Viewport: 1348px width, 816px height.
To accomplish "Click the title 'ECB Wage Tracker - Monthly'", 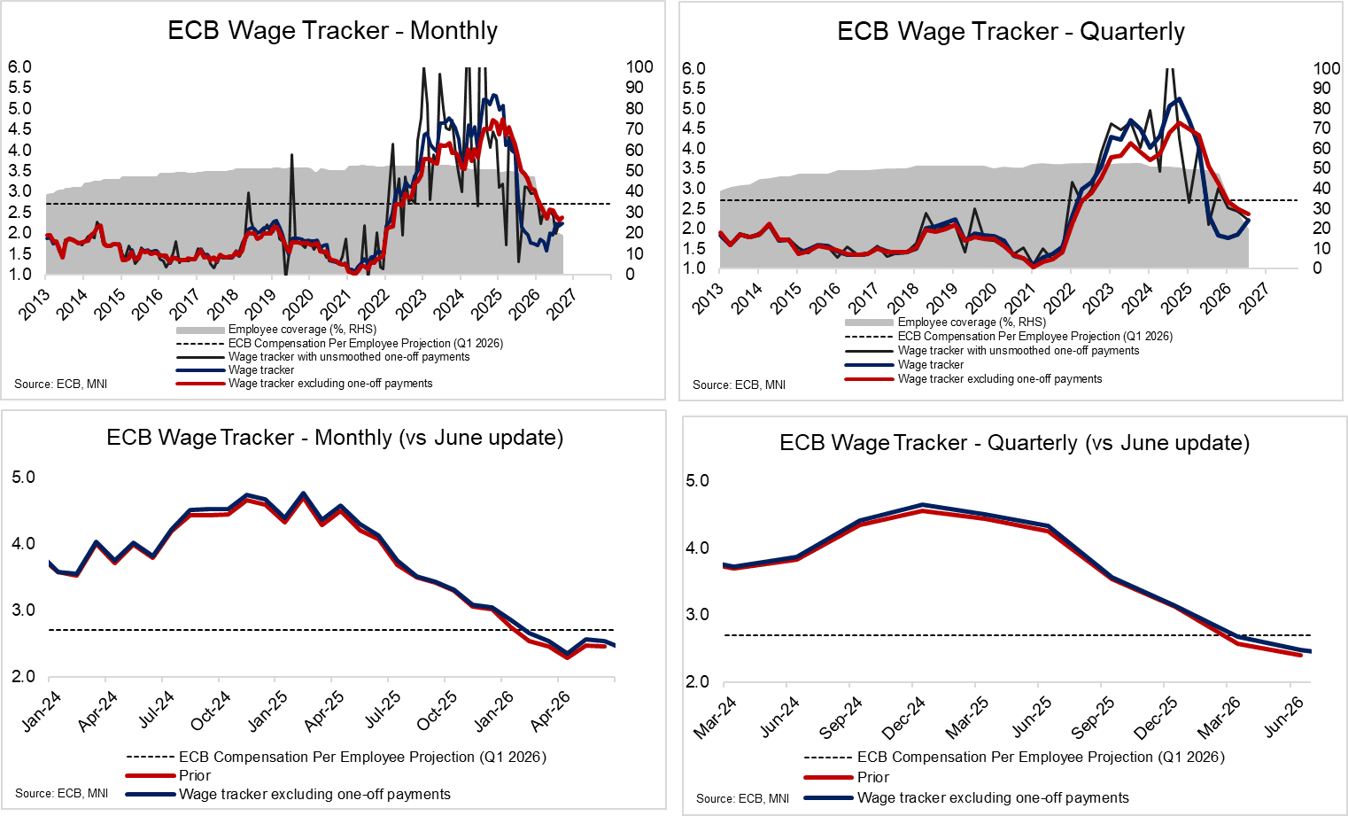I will [332, 31].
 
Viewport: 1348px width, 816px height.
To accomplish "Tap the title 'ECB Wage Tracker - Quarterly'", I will [1011, 32].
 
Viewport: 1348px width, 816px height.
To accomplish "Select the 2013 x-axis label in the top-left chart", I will [35, 304].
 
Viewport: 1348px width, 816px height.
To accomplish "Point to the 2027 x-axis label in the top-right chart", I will [1254, 299].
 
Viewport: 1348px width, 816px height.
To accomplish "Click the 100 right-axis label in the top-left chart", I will [639, 67].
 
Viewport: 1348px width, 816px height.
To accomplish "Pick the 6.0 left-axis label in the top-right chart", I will [693, 69].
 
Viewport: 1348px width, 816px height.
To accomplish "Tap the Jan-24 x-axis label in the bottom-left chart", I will [42, 711].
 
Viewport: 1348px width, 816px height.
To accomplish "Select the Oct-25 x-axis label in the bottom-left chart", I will [437, 711].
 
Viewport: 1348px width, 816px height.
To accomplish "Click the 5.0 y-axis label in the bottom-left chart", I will [23, 478].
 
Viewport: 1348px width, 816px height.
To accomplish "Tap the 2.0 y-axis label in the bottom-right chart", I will [698, 682].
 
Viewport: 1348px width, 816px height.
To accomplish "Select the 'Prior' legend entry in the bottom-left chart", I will [195, 775].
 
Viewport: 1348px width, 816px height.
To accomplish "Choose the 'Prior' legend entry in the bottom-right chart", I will [873, 777].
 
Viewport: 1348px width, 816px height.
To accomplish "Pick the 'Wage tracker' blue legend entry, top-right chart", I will [931, 364].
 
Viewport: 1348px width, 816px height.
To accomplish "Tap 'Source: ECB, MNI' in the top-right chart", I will [739, 385].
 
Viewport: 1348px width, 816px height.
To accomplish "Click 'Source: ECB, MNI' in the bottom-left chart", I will [61, 793].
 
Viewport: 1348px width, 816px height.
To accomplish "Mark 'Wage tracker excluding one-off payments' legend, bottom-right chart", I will [993, 797].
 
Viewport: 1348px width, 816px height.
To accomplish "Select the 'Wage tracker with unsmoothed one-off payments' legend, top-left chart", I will [349, 357].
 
